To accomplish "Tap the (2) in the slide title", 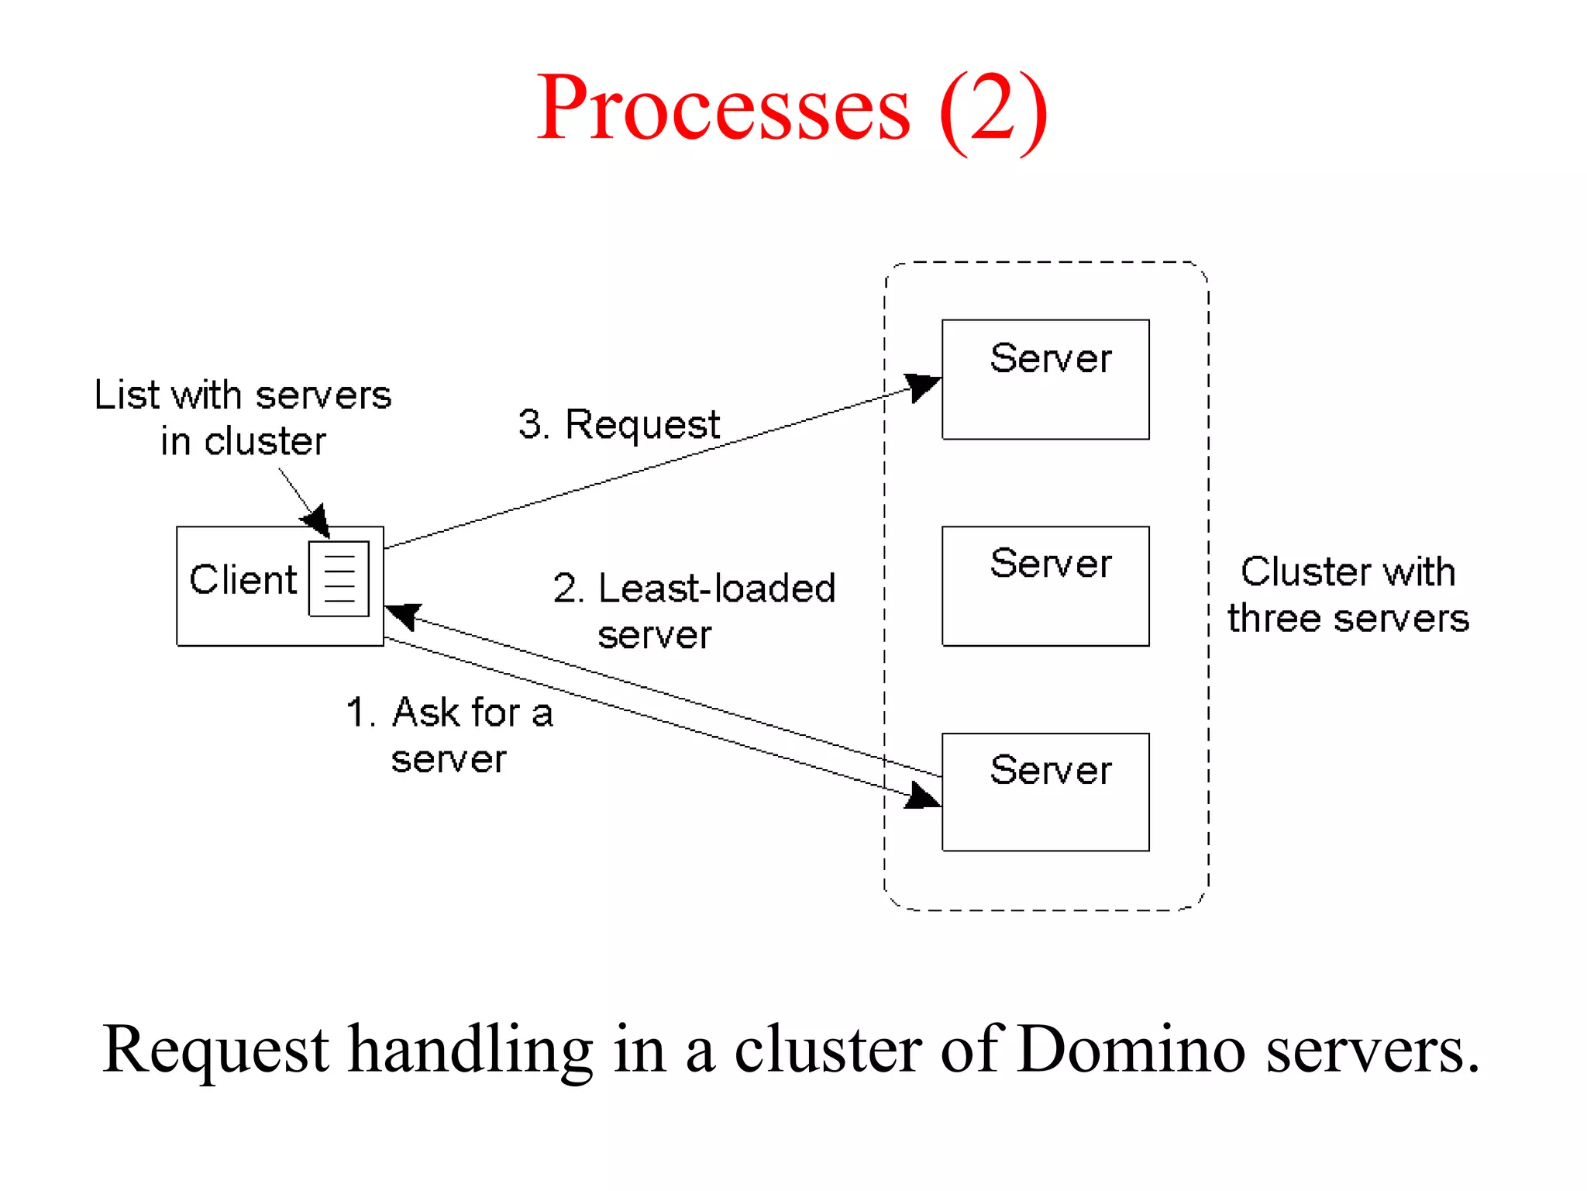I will pos(993,109).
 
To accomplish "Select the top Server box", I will pos(1045,379).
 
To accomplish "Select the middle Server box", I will pos(1045,586).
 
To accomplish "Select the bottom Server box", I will pos(1045,792).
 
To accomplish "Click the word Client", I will pos(243,580).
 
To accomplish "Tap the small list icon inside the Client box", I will pos(339,578).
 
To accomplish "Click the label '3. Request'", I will pos(619,425).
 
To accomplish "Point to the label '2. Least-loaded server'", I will pos(694,611).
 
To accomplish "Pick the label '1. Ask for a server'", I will pos(449,734).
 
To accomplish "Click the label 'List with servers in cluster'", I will pos(243,418).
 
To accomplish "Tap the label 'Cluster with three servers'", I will pos(1348,595).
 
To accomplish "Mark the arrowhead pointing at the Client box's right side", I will pos(403,616).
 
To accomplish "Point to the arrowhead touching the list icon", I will pos(318,520).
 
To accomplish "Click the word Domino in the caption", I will pos(1132,1050).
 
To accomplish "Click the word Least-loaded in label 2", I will pos(717,589).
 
